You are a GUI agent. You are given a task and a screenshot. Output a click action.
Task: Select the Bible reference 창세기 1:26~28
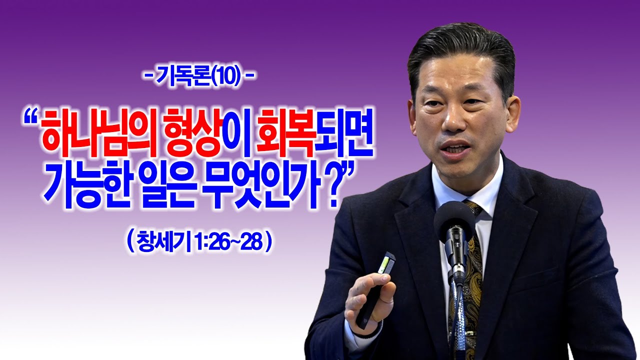click(x=198, y=242)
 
